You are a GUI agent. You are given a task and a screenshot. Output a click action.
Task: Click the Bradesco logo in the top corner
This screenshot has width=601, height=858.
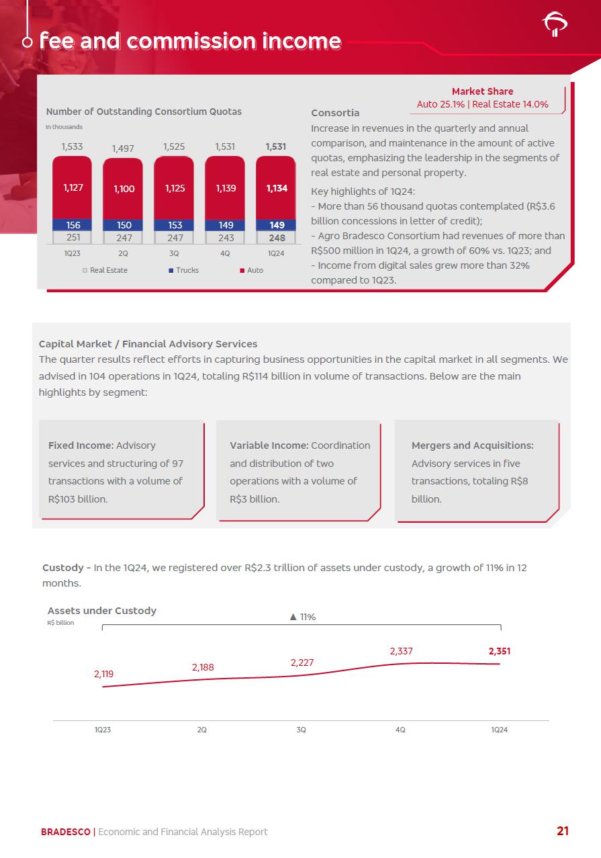555,24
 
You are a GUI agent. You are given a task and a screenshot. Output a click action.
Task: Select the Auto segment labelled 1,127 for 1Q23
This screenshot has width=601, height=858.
73,187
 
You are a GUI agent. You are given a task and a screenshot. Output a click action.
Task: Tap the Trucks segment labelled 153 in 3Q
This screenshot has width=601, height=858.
175,225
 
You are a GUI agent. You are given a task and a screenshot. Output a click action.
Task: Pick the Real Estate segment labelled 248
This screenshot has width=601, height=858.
277,238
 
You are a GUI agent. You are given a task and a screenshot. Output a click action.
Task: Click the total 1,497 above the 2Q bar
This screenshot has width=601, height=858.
123,148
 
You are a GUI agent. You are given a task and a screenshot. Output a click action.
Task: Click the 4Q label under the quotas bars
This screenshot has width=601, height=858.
226,253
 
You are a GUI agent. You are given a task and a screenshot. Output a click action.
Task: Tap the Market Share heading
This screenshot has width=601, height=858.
482,91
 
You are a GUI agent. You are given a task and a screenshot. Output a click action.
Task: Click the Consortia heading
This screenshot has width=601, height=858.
335,113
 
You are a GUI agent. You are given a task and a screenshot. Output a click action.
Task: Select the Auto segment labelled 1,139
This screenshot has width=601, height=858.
226,188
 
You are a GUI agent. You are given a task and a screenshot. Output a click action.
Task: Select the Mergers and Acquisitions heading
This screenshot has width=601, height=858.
472,445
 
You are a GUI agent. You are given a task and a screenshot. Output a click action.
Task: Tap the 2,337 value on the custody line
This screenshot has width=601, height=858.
401,651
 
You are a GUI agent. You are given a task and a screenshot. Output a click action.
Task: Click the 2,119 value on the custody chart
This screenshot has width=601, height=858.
104,673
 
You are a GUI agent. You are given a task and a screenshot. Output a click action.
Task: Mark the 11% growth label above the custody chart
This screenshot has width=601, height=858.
302,617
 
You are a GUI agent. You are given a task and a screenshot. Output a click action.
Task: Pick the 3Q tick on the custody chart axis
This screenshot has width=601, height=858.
302,730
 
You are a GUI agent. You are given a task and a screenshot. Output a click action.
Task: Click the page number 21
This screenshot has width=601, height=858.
563,831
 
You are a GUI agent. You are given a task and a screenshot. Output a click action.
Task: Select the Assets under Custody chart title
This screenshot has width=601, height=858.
102,611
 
